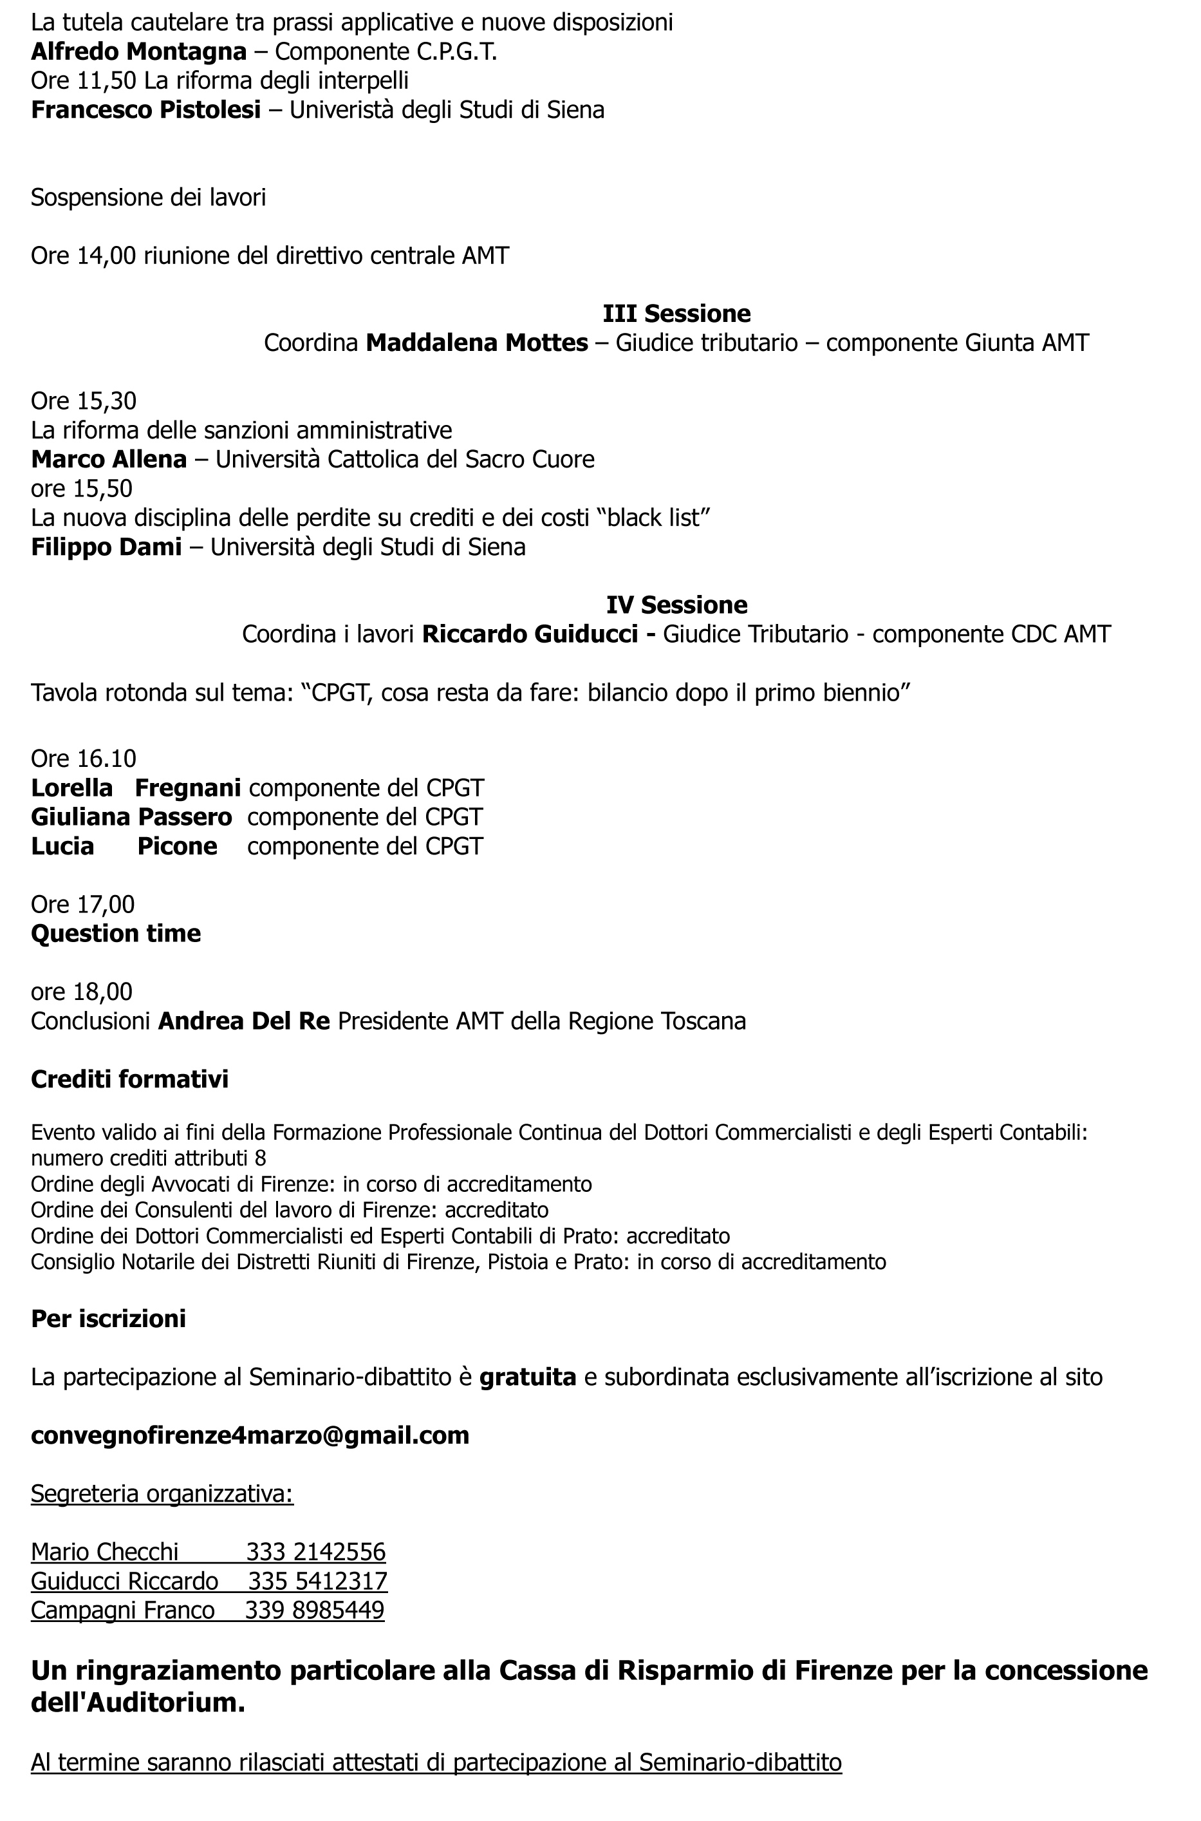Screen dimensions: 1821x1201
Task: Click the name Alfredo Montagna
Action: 138,52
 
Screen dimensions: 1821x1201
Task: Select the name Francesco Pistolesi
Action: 145,110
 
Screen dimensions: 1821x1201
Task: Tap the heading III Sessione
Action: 676,314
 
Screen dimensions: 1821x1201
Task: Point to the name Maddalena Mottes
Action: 476,343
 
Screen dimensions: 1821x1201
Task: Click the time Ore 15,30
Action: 84,401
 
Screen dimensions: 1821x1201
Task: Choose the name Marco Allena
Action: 109,460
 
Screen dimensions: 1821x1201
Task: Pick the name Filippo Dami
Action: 106,547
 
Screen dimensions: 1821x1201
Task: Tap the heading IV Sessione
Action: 676,605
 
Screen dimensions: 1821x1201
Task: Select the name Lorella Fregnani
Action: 136,788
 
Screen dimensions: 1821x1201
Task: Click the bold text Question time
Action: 116,933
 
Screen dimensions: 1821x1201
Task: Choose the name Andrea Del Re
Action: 243,1021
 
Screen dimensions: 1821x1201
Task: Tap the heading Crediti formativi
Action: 129,1079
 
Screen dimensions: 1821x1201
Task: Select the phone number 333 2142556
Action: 315,1552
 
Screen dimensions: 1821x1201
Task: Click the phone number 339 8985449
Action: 314,1610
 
